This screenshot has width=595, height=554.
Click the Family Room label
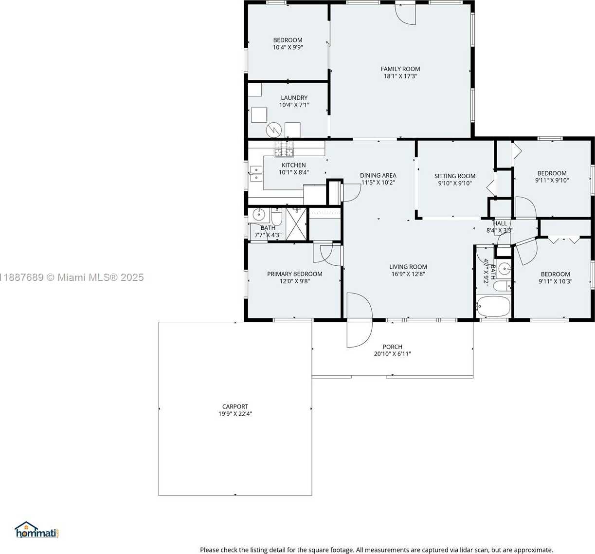pyautogui.click(x=400, y=69)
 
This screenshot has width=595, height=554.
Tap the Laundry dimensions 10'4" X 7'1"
pyautogui.click(x=294, y=105)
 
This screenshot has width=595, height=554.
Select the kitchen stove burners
pyautogui.click(x=284, y=148)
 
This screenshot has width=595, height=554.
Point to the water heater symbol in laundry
pyautogui.click(x=274, y=130)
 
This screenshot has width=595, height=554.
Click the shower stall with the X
pyautogui.click(x=296, y=223)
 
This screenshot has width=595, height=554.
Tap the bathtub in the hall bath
pyautogui.click(x=493, y=306)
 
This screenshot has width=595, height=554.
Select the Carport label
pyautogui.click(x=235, y=406)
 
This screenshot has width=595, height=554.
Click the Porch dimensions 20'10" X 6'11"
pyautogui.click(x=393, y=354)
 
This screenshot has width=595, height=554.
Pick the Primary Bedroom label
pyautogui.click(x=295, y=274)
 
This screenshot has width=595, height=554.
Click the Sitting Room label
pyautogui.click(x=455, y=176)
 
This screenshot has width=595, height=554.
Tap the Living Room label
pyautogui.click(x=408, y=266)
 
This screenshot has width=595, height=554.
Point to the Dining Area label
pyautogui.click(x=378, y=175)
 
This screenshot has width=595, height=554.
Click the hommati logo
pyautogui.click(x=37, y=530)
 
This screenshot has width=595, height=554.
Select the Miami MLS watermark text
pyautogui.click(x=72, y=277)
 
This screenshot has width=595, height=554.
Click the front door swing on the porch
pyautogui.click(x=360, y=334)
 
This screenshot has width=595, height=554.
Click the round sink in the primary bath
pyautogui.click(x=258, y=214)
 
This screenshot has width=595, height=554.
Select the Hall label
pyautogui.click(x=500, y=223)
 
